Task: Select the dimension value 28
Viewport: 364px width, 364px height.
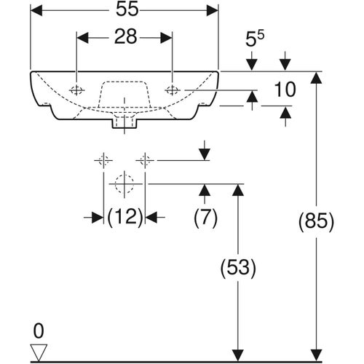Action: coord(125,38)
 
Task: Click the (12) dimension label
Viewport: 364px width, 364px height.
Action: coord(124,216)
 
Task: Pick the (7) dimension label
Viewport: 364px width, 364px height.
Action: coord(205,216)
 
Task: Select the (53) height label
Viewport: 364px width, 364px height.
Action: coord(236,268)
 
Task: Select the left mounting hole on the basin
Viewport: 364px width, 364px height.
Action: coord(76,90)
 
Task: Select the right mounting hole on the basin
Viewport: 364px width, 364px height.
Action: coord(173,90)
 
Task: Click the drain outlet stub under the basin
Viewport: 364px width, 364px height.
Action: coord(124,124)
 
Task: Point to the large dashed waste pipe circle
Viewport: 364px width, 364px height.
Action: coord(124,184)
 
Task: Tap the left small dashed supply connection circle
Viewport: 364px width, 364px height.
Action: coord(103,159)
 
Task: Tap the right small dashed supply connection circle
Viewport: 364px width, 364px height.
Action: coord(146,159)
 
